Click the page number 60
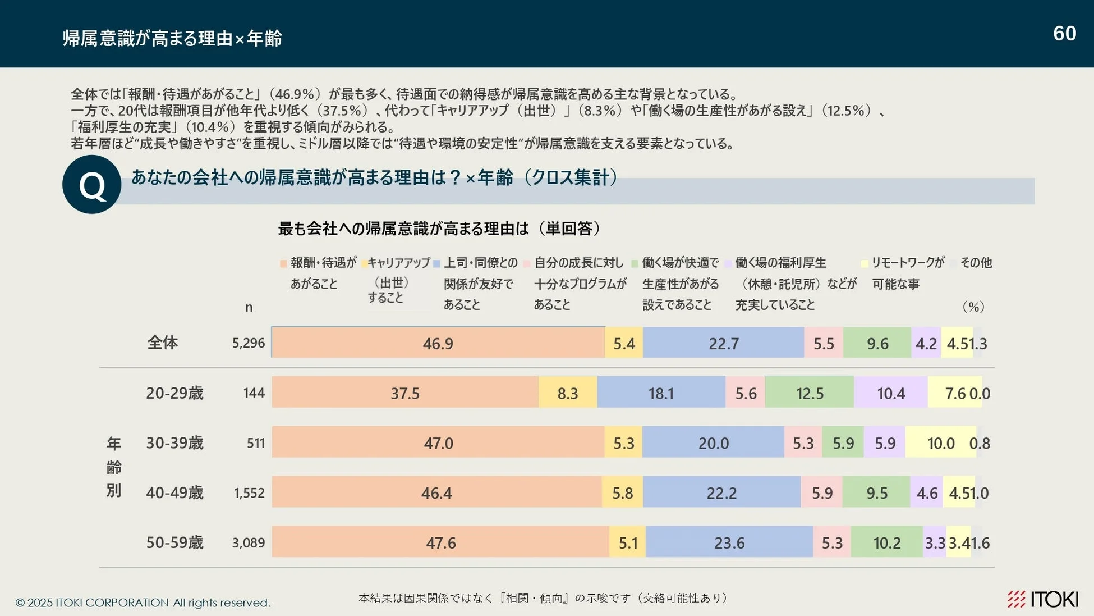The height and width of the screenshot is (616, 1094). [1064, 34]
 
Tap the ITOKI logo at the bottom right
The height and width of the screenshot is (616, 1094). [1042, 599]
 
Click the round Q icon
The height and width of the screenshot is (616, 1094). [91, 185]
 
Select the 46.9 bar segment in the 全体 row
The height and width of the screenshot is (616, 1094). [438, 343]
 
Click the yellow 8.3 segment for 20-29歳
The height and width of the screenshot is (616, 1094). [567, 393]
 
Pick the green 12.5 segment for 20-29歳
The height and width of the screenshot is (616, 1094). [809, 393]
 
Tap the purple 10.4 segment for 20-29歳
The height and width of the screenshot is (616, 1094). [890, 393]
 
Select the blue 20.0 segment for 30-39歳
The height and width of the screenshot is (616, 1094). [713, 442]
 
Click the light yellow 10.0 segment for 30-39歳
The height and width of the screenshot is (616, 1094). [940, 442]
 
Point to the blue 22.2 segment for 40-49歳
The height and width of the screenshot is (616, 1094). [721, 492]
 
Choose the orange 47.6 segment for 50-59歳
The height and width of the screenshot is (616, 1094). [440, 542]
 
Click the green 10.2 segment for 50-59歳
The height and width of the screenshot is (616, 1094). [886, 542]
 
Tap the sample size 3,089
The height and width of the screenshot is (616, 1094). [248, 543]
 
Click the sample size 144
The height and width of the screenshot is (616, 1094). [254, 393]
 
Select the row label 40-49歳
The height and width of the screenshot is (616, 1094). [174, 493]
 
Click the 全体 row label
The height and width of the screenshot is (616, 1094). [163, 343]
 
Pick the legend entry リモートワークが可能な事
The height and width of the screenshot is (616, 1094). [903, 273]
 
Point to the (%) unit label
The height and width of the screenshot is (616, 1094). [973, 307]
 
